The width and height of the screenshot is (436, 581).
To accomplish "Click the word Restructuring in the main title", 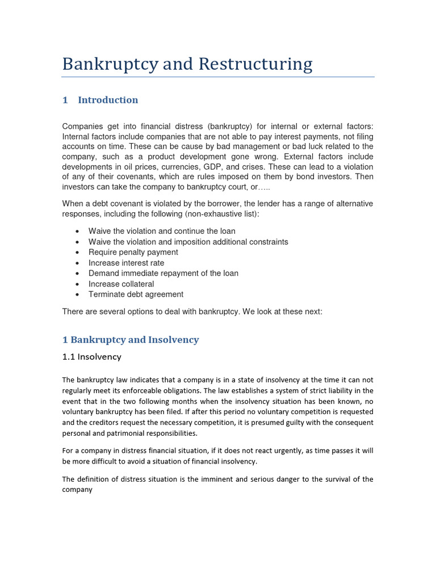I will (x=248, y=64).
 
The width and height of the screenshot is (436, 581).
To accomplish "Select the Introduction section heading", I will (x=108, y=100).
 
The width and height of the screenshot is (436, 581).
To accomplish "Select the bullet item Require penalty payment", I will (x=133, y=252).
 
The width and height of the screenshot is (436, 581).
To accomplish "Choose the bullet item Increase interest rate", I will (x=126, y=263).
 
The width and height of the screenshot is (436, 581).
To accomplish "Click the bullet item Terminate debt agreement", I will (x=136, y=294).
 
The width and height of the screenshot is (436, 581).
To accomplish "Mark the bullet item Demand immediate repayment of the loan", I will (x=163, y=273).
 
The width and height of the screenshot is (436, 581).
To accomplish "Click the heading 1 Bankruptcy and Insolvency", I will (x=131, y=340).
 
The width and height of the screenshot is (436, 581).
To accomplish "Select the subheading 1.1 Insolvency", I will (x=91, y=357).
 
